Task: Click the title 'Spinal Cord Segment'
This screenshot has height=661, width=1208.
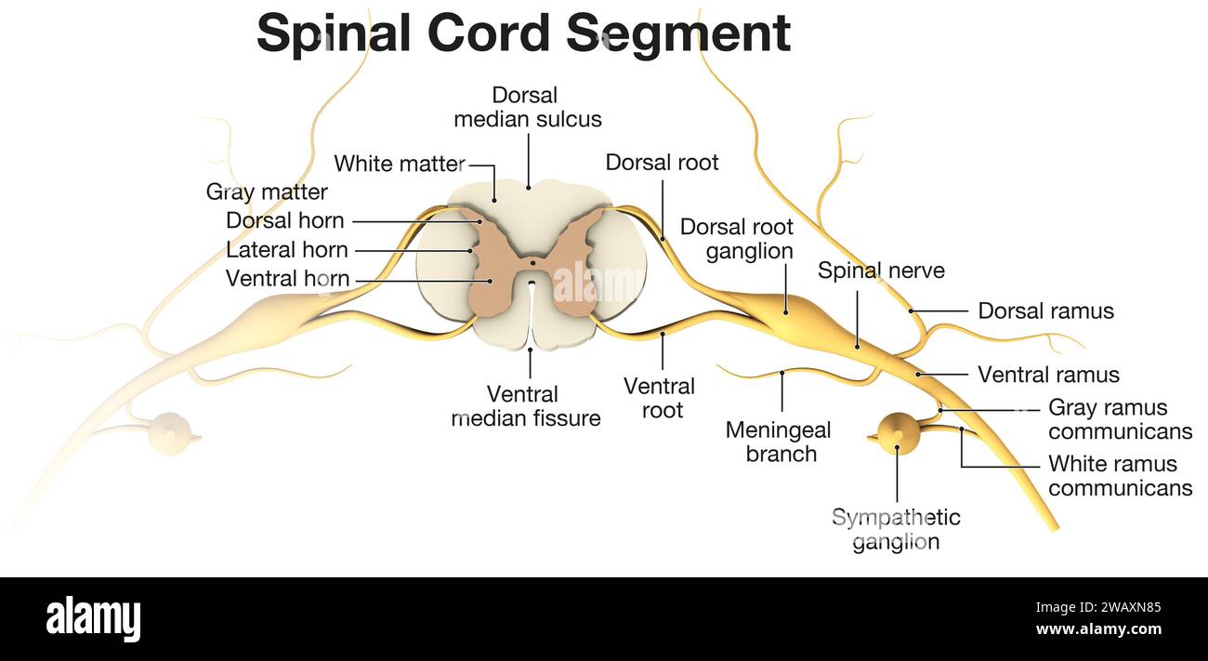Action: point(523,33)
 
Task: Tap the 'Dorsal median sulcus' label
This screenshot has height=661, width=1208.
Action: point(527,107)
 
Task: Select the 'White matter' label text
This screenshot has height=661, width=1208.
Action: point(399,165)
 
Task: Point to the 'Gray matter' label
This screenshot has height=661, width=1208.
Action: point(267,192)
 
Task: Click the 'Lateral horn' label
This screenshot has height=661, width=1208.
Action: point(287,250)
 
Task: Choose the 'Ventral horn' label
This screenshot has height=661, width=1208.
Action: point(287,279)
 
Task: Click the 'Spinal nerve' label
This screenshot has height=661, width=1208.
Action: point(881,271)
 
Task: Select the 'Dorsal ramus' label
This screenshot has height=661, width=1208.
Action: point(1045,311)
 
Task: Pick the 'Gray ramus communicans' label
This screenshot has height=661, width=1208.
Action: point(1120,419)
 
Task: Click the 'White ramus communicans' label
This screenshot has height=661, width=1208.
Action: point(1120,476)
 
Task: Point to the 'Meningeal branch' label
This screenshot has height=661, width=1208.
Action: point(778,443)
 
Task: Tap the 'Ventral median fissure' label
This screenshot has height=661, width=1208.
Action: point(527,406)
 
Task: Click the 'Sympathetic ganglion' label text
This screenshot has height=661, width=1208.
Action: point(896,530)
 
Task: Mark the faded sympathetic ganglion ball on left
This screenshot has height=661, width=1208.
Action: point(170,433)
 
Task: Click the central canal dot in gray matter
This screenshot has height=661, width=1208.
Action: point(532,263)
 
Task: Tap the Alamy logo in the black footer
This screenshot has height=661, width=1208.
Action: point(93,619)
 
